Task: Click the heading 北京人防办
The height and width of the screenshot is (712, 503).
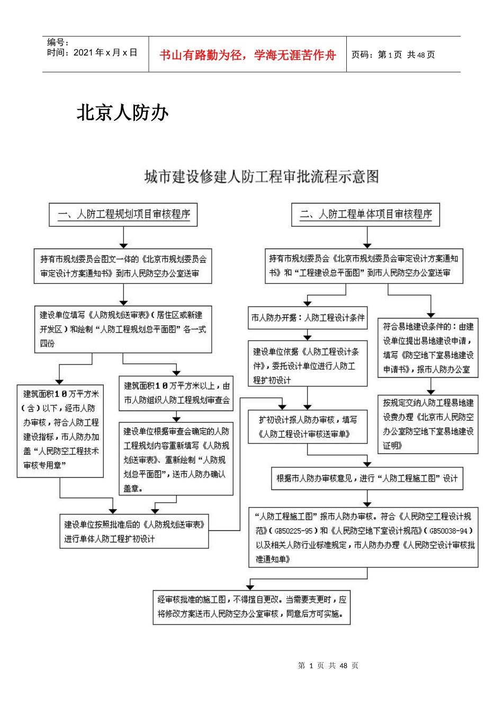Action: click(122, 112)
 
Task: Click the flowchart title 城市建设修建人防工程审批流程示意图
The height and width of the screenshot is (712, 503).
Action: click(262, 176)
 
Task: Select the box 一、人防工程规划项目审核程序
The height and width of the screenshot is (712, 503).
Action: click(123, 214)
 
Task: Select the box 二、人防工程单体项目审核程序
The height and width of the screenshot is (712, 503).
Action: click(366, 214)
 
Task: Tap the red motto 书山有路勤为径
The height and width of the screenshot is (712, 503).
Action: click(247, 55)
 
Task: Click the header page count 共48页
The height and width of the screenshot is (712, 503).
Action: click(421, 55)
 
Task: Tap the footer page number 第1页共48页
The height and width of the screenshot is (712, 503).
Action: click(328, 665)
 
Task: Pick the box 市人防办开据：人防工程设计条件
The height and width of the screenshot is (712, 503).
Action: click(308, 318)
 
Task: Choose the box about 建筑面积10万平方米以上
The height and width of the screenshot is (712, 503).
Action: click(176, 393)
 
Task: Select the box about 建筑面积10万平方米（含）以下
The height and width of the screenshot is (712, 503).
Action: click(60, 430)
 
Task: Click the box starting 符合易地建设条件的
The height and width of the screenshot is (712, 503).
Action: click(428, 348)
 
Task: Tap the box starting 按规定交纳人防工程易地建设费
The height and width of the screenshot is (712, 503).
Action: click(428, 424)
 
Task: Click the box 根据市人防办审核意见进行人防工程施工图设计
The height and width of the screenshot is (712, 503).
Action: click(366, 478)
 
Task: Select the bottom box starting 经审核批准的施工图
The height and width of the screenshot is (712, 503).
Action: click(251, 607)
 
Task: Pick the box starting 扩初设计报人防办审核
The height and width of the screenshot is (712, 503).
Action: click(308, 427)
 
